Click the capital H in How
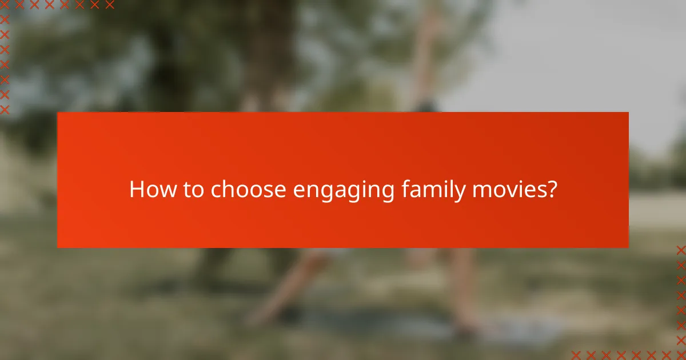coord(136,190)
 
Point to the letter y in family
coord(460,193)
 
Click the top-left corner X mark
coord(5,5)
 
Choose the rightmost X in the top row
coord(110,5)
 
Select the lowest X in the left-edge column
coord(5,109)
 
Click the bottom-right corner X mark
coord(680,354)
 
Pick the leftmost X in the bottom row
coord(576,354)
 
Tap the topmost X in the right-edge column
coord(680,250)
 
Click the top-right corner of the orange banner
coord(628,113)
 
